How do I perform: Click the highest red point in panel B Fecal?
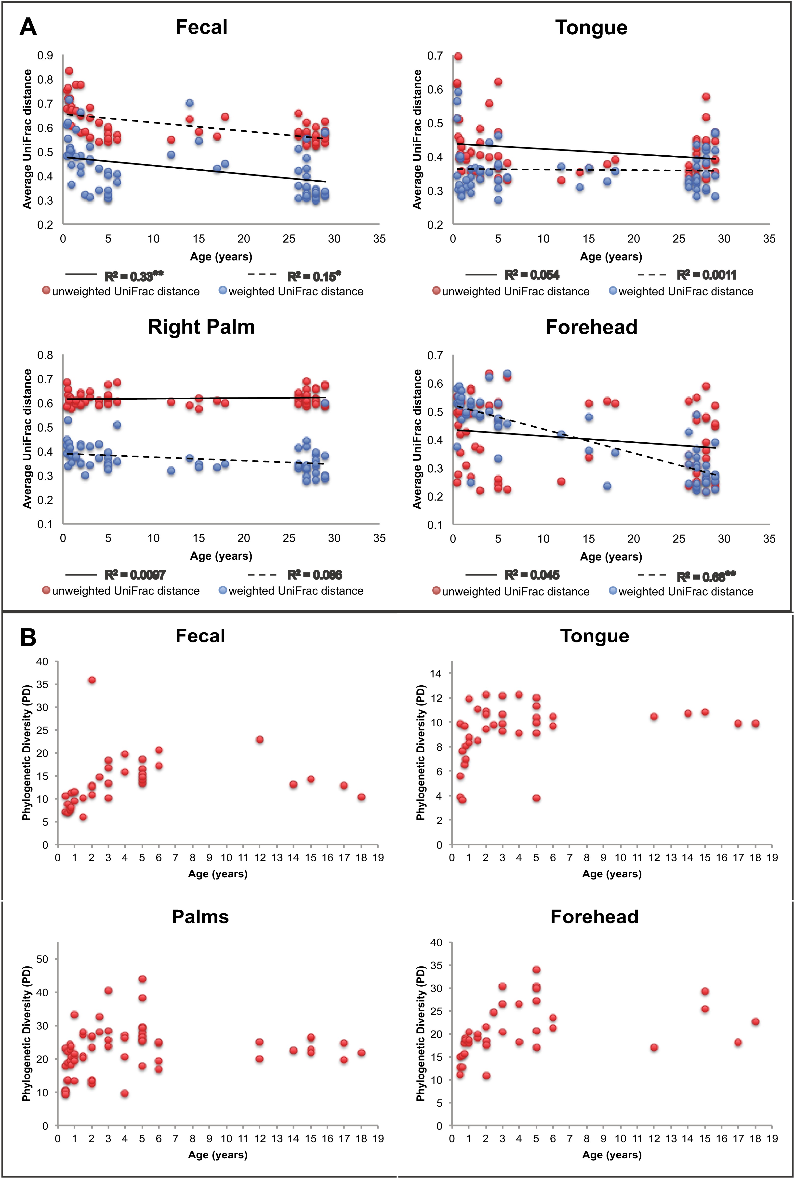92,680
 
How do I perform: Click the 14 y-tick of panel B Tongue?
435,673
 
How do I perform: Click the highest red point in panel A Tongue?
458,56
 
